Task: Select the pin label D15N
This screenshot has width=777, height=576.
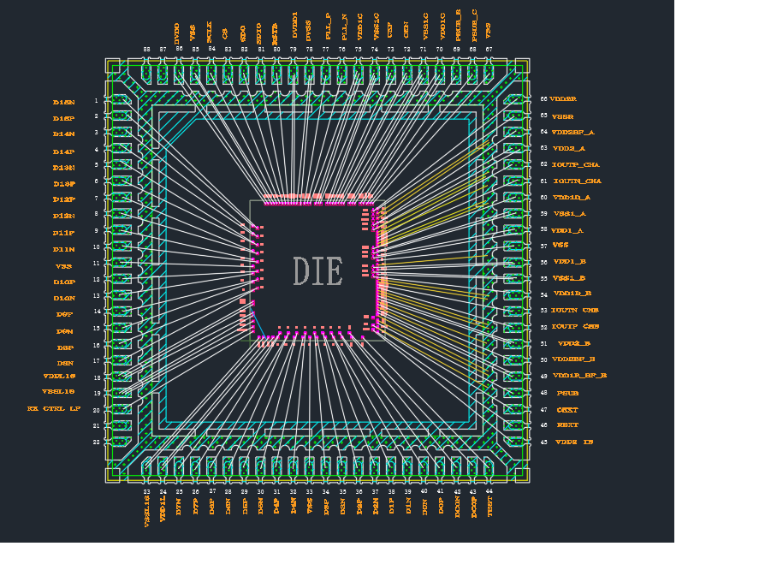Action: coord(64,102)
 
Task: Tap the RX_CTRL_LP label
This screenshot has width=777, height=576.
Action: coord(53,409)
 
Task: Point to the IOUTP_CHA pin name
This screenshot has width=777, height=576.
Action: coord(576,164)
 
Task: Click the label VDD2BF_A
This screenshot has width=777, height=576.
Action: coord(572,133)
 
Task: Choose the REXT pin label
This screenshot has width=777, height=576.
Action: coord(567,425)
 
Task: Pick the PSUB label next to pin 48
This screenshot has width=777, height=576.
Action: coord(567,394)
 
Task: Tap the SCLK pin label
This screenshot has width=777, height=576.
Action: coord(210,31)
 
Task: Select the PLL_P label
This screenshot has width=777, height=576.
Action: coord(328,28)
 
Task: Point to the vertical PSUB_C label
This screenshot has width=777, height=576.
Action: coord(474,26)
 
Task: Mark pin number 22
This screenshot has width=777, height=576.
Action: coord(97,442)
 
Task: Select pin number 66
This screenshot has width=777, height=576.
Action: coord(543,99)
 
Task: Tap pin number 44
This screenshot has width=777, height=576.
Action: coord(489,491)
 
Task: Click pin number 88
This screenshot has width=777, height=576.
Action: coord(146,50)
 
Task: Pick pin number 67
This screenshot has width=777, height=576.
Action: coord(489,50)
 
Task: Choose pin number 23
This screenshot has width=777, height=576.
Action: coord(146,492)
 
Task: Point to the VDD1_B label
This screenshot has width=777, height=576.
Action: coord(569,262)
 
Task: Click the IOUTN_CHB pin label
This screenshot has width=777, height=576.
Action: coord(575,310)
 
